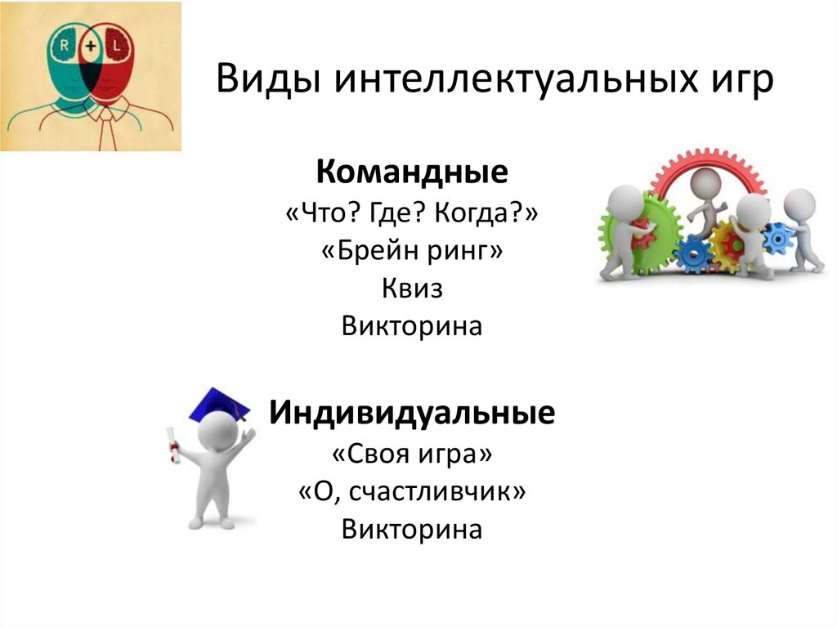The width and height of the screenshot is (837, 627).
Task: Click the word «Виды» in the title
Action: point(268,78)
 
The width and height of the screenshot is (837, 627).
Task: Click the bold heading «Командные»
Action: point(412,172)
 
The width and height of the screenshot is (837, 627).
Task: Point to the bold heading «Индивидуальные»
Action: point(412,413)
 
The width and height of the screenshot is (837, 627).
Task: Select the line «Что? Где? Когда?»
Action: point(412,213)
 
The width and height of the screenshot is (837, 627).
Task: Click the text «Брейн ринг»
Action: point(412,250)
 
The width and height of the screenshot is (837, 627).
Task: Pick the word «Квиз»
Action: point(412,289)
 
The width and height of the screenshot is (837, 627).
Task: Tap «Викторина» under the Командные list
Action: point(412,326)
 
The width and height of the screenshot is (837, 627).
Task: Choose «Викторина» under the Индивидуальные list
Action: point(412,529)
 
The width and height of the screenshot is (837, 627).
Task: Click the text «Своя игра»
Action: point(412,454)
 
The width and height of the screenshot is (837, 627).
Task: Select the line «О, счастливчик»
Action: point(412,491)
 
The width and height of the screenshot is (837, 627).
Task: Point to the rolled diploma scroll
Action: point(172,446)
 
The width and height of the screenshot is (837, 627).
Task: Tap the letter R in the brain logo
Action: point(64,46)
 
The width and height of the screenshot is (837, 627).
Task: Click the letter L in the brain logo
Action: point(117,46)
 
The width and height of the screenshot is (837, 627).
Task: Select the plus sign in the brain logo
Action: point(91,46)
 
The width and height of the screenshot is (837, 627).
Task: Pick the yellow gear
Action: point(729,245)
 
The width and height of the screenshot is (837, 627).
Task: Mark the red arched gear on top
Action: point(707,171)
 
